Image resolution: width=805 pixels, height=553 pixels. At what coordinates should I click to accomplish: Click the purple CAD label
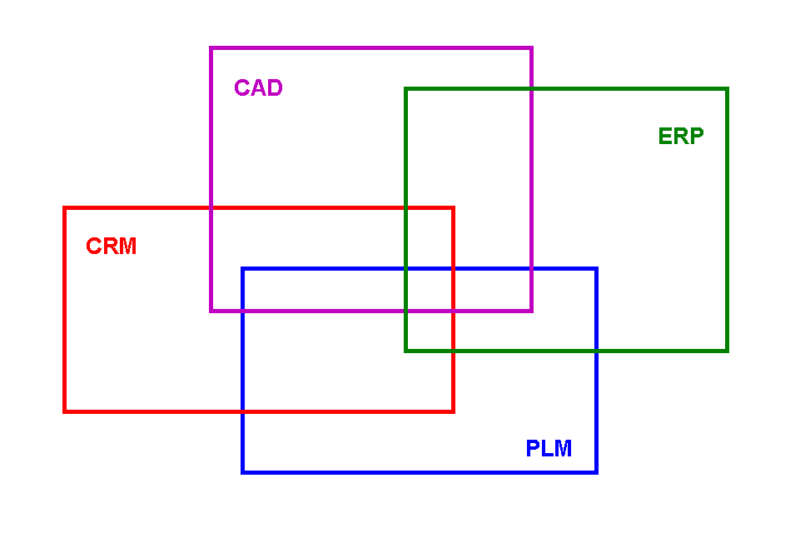258,88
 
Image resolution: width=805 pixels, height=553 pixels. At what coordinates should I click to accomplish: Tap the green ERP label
681,137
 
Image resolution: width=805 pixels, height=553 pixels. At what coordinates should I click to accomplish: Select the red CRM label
112,247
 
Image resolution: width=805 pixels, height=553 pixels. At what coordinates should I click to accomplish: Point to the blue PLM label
549,449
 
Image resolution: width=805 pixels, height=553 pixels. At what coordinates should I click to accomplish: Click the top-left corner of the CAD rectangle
211,48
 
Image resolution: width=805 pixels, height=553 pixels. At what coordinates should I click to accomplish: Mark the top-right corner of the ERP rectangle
727,89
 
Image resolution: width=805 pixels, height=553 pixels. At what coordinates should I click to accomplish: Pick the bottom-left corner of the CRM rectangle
65,411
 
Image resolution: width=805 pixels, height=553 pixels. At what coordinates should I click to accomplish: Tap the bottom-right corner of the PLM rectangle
596,472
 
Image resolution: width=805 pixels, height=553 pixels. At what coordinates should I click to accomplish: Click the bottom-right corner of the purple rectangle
531,311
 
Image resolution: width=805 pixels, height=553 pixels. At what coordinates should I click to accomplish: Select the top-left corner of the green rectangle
406,89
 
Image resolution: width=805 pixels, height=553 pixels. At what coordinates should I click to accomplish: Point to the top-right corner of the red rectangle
453,208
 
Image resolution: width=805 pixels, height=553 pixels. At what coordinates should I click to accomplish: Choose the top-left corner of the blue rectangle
243,269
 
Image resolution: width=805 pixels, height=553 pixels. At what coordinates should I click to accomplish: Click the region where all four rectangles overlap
430,290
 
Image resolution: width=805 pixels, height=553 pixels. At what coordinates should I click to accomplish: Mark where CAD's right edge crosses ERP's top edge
531,89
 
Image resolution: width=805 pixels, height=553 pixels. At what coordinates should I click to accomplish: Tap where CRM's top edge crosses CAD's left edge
211,208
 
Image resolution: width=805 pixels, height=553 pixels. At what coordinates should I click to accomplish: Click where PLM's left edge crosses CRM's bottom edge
243,411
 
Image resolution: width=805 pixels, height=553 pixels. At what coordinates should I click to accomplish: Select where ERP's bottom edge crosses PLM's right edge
596,351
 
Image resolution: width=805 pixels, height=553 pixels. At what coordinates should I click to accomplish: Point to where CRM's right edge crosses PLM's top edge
453,269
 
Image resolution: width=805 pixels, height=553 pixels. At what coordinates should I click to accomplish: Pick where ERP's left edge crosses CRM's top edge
406,208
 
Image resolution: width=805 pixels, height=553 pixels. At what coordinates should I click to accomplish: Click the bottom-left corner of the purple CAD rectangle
211,311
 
